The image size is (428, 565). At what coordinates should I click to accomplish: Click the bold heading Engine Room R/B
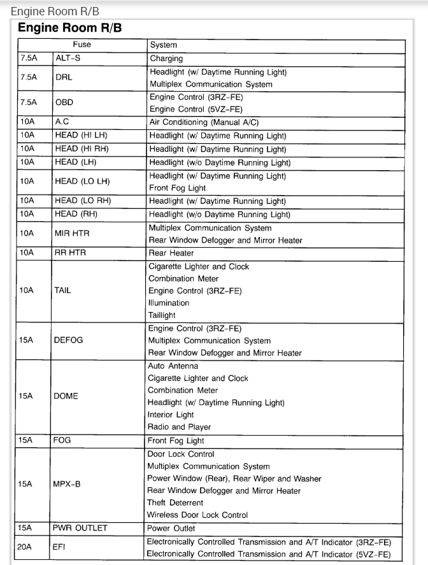[x=69, y=29]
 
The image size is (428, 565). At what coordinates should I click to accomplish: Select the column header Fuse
[x=82, y=45]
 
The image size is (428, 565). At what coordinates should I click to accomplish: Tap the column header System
[x=163, y=45]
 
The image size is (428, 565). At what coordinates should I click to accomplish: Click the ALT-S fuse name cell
[x=68, y=59]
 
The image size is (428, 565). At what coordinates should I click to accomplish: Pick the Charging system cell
[x=166, y=59]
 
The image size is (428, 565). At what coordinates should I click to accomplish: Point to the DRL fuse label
[x=63, y=78]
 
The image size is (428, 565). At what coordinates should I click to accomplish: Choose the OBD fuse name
[x=64, y=103]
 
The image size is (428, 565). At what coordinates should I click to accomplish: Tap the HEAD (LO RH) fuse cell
[x=83, y=201]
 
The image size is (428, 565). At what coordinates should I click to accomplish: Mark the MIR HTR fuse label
[x=72, y=234]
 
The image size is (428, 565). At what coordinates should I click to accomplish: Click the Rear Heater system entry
[x=171, y=253]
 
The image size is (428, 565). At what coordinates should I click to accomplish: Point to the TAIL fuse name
[x=63, y=290]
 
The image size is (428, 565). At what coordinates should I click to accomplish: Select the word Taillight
[x=162, y=315]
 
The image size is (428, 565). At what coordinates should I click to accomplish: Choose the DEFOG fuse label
[x=69, y=340]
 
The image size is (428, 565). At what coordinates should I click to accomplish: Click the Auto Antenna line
[x=173, y=366]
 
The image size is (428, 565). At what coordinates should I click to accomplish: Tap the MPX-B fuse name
[x=68, y=484]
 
